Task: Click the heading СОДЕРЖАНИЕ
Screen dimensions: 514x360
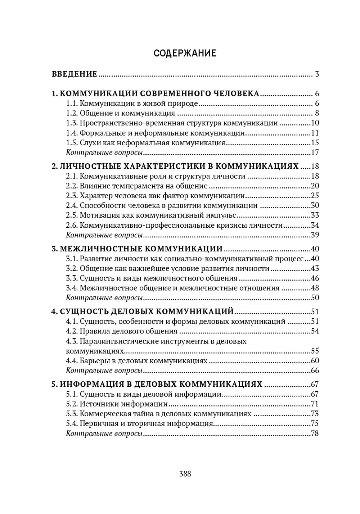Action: click(x=185, y=54)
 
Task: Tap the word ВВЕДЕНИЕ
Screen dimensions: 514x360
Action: click(x=75, y=74)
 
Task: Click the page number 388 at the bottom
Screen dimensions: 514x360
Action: click(x=185, y=473)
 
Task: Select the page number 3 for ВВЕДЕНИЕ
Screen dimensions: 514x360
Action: click(x=317, y=74)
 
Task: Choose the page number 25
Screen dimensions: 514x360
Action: click(x=315, y=196)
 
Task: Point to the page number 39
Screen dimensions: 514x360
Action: click(x=315, y=235)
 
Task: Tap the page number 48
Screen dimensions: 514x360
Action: click(x=315, y=288)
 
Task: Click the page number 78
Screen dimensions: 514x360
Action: click(x=315, y=433)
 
